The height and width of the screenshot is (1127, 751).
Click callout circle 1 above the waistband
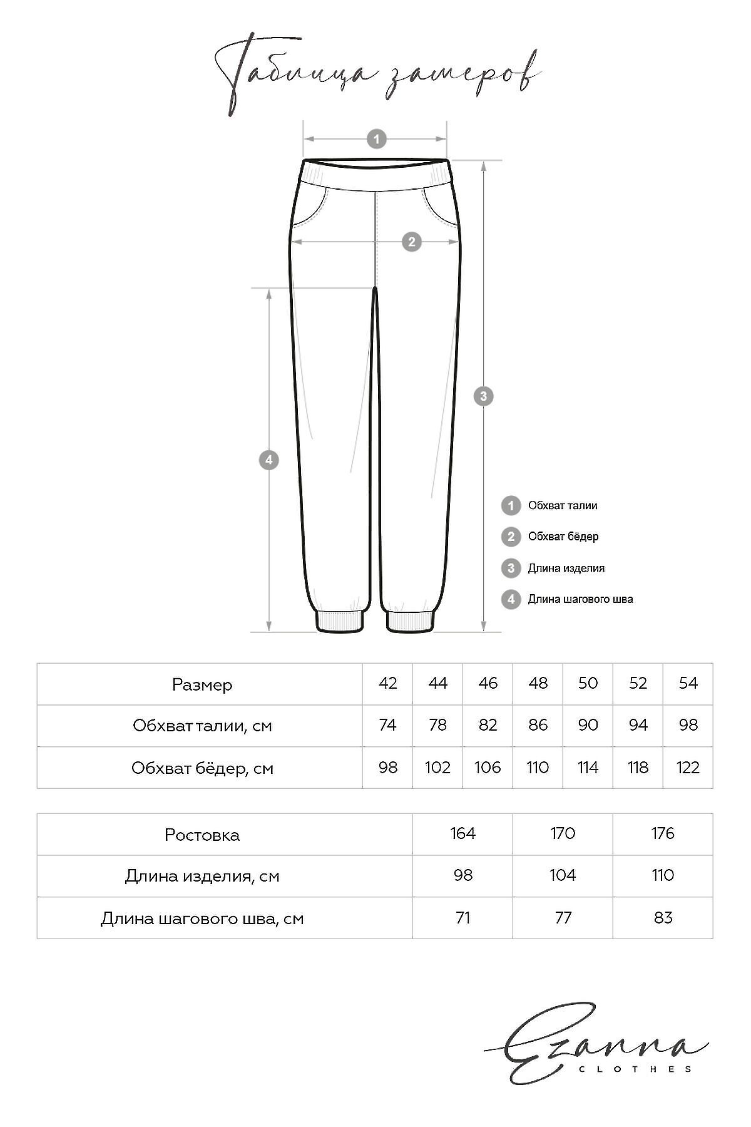coord(376,138)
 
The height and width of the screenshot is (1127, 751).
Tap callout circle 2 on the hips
coord(411,242)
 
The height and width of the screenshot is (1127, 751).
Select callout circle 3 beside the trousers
coord(483,396)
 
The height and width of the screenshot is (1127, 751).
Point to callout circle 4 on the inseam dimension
coord(268,460)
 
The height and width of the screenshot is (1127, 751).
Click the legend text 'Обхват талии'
coord(562,505)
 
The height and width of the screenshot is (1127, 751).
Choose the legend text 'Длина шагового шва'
coord(580,599)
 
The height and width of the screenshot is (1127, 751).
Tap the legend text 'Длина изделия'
coord(566,568)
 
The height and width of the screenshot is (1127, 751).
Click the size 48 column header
coord(538,683)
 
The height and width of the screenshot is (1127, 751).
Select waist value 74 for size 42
coord(387,725)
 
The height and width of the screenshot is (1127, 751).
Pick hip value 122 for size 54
coord(688,768)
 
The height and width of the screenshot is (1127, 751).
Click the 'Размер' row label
coord(202,684)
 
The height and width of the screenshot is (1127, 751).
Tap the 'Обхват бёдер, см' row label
coord(202,768)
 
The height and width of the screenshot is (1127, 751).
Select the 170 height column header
coord(563,833)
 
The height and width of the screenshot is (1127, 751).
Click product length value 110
coord(663,875)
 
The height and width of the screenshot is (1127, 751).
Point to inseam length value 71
coord(462,918)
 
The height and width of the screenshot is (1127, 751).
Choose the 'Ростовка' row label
coord(202,835)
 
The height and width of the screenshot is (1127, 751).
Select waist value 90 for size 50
coord(588,725)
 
